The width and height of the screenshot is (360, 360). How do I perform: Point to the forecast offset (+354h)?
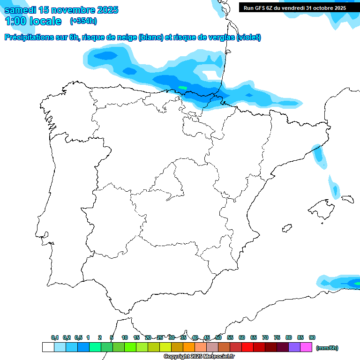point(83,21)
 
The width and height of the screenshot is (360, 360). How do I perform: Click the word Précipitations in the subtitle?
point(29,37)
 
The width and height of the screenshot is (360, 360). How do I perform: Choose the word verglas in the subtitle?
point(224,37)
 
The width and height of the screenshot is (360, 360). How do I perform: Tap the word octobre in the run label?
point(318,8)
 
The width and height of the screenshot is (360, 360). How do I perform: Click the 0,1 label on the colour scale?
point(55,337)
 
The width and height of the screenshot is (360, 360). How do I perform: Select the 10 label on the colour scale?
point(125,337)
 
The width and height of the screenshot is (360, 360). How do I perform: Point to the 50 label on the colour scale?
point(218,337)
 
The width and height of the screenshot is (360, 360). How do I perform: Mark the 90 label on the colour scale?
point(312,337)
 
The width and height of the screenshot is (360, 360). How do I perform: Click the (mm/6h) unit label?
point(327,348)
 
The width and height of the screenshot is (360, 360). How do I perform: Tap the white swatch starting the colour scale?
point(48,347)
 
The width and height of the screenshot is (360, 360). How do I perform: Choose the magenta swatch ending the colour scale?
point(306,347)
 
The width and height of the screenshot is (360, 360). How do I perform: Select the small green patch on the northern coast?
point(182,88)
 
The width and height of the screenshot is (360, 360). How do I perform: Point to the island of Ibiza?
point(287,228)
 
